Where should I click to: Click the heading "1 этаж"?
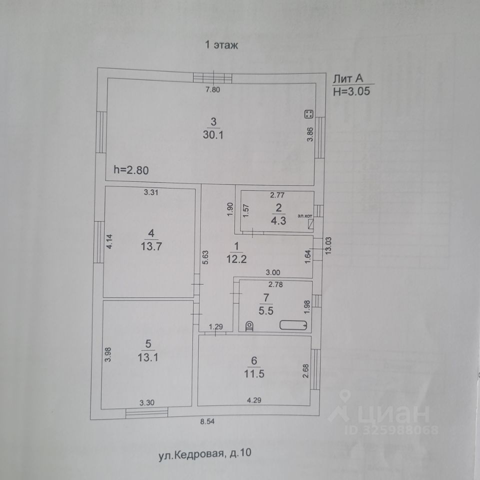(222, 45)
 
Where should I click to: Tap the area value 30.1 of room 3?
(213, 135)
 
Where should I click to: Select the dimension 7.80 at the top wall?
(213, 90)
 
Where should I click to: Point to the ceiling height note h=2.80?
(131, 170)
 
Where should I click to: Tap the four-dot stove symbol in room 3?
(308, 114)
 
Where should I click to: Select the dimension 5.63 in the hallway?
(205, 256)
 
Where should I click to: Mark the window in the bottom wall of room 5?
(146, 412)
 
